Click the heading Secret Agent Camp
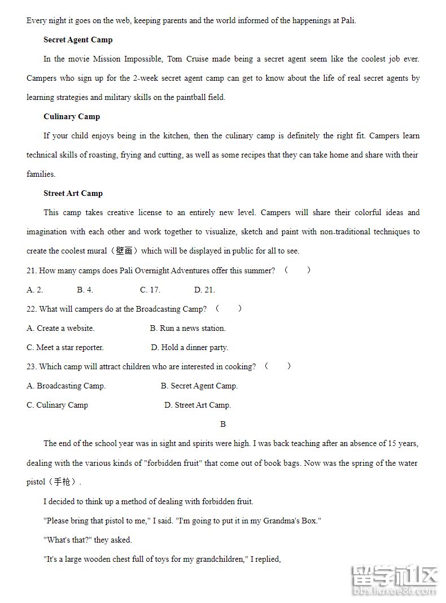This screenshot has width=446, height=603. click(78, 40)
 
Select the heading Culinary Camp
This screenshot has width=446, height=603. click(72, 117)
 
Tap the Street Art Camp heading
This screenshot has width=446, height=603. click(73, 194)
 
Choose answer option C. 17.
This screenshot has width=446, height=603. click(150, 290)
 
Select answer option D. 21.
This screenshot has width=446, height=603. click(204, 290)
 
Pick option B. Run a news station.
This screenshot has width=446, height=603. click(187, 329)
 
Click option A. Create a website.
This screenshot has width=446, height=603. click(60, 329)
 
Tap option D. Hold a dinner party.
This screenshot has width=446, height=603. click(189, 348)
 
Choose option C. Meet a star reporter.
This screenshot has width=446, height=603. click(65, 348)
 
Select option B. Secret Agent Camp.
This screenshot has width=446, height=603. click(199, 386)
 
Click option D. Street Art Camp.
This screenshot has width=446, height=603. click(198, 405)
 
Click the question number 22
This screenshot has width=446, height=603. click(32, 309)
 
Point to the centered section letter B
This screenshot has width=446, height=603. click(223, 425)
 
